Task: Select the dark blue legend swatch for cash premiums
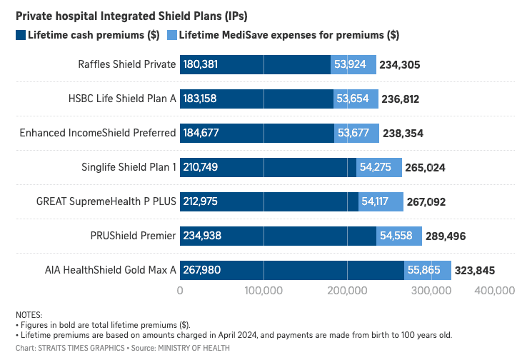(20, 34)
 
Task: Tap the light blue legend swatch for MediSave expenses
(171, 34)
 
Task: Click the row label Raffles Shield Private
(126, 64)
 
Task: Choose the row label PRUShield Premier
(133, 236)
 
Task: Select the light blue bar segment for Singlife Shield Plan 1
(379, 167)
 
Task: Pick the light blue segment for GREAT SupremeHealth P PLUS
(381, 201)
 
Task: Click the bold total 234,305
(400, 65)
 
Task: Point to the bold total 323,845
(474, 271)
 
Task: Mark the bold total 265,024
(425, 168)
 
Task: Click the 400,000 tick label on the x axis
(495, 291)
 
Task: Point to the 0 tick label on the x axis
(180, 291)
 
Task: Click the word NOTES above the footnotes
(29, 315)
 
